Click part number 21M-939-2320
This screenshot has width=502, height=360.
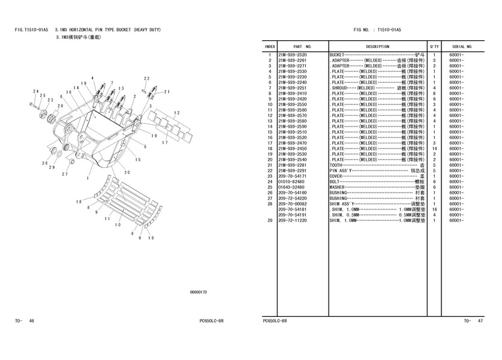292,55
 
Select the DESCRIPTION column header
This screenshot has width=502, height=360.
378,47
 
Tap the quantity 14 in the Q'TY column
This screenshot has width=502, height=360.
434,149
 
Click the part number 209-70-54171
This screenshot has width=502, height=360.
292,176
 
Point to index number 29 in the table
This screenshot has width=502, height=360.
270,220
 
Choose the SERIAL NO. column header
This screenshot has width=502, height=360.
462,47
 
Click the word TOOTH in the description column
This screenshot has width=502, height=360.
336,165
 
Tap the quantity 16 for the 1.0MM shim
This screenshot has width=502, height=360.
434,209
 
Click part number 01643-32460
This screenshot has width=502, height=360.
291,187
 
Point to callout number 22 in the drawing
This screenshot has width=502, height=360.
146,79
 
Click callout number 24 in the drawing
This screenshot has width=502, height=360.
36,92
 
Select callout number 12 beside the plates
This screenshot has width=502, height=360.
177,113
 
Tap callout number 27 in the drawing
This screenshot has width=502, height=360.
65,174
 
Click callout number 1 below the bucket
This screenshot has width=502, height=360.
88,178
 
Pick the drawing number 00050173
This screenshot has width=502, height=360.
199,292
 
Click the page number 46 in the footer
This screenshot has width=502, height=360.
31,321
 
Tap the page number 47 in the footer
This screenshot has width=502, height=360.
480,321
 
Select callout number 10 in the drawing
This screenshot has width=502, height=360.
118,225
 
